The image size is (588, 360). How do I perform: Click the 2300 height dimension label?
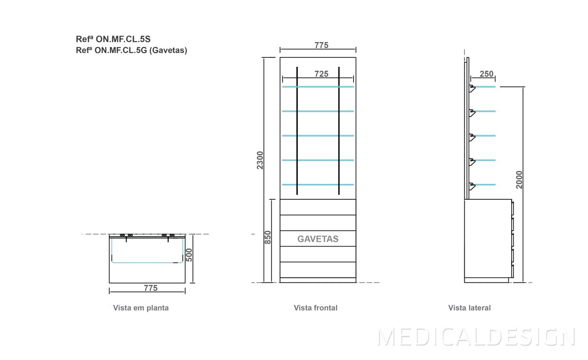260,161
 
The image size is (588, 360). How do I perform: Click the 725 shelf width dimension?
322,74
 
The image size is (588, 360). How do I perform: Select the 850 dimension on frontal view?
268,237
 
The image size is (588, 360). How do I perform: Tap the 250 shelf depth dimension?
487,74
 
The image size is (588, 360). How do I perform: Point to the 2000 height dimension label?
519,180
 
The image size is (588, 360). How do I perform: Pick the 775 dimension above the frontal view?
322,46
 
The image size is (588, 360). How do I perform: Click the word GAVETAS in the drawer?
318,239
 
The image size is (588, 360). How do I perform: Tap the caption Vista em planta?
141,308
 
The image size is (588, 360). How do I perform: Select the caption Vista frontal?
315,308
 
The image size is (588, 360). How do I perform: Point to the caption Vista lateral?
469,308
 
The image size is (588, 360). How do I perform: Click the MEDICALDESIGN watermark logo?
477,337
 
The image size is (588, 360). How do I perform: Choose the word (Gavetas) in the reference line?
168,50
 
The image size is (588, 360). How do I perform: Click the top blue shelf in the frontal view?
318,87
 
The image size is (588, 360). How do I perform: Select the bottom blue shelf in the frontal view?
318,185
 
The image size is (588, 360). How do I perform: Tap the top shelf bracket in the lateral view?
472,88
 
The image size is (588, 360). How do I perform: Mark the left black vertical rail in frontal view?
297,130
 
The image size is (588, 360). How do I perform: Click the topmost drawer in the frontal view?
318,207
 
